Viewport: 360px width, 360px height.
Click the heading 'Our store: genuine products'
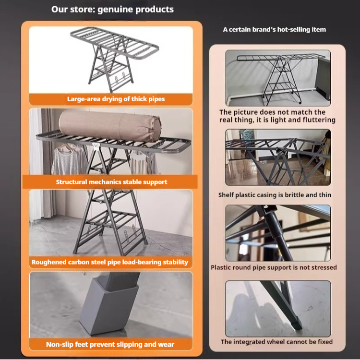pyautogui.click(x=112, y=10)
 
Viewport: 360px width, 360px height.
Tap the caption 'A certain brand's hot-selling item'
pyautogui.click(x=275, y=30)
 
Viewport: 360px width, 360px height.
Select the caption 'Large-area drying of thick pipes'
pyautogui.click(x=116, y=99)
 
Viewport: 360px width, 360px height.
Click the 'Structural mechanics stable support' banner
pyautogui.click(x=111, y=182)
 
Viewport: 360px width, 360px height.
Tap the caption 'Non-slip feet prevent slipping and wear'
pyautogui.click(x=110, y=345)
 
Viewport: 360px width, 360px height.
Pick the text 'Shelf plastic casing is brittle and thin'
pyautogui.click(x=275, y=195)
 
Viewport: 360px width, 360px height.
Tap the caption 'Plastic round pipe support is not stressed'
pyautogui.click(x=274, y=267)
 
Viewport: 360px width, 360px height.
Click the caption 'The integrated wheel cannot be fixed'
pyautogui.click(x=276, y=342)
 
